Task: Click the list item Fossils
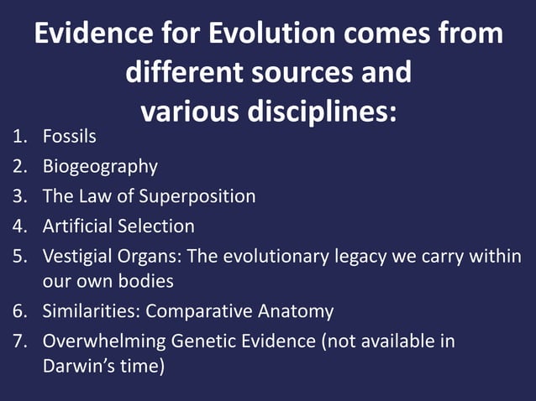tap(70, 137)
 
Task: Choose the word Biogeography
tap(100, 166)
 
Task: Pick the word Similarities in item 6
tap(92, 311)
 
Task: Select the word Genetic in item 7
tap(204, 341)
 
